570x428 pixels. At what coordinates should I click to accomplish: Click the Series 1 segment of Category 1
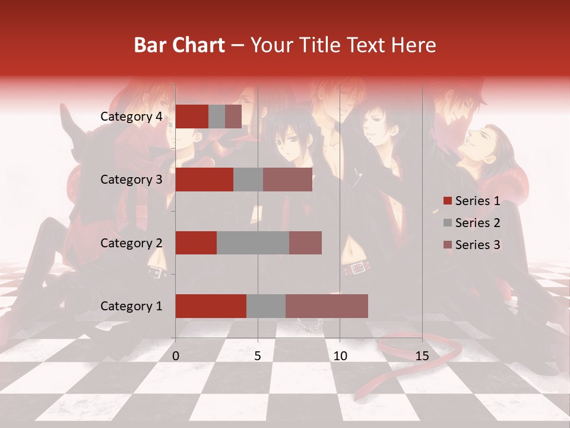(x=211, y=306)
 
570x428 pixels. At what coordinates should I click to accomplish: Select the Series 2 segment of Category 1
(x=266, y=306)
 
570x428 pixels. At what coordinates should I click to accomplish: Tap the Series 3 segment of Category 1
(x=327, y=306)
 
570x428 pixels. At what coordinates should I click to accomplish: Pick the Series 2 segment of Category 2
(x=253, y=243)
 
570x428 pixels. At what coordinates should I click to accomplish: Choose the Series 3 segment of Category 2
(x=305, y=243)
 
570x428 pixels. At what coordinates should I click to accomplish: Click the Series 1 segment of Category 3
(x=204, y=180)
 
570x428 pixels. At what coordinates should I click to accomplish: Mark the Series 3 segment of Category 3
(x=287, y=180)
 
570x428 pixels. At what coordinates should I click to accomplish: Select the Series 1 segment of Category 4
(x=192, y=117)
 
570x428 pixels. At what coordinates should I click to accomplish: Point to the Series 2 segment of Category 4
(x=217, y=117)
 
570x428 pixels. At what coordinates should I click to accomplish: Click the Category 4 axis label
(x=131, y=117)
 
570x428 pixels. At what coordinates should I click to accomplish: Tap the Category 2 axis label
(x=131, y=243)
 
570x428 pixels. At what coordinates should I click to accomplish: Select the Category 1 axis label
(x=131, y=306)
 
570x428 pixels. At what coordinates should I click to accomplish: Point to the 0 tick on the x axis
(x=176, y=356)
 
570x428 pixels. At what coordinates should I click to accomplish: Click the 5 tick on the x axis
(x=258, y=356)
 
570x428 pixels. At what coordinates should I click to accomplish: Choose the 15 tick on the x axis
(x=422, y=356)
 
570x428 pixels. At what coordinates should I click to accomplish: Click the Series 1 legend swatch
(x=448, y=201)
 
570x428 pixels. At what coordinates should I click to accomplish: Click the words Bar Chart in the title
(x=179, y=45)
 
